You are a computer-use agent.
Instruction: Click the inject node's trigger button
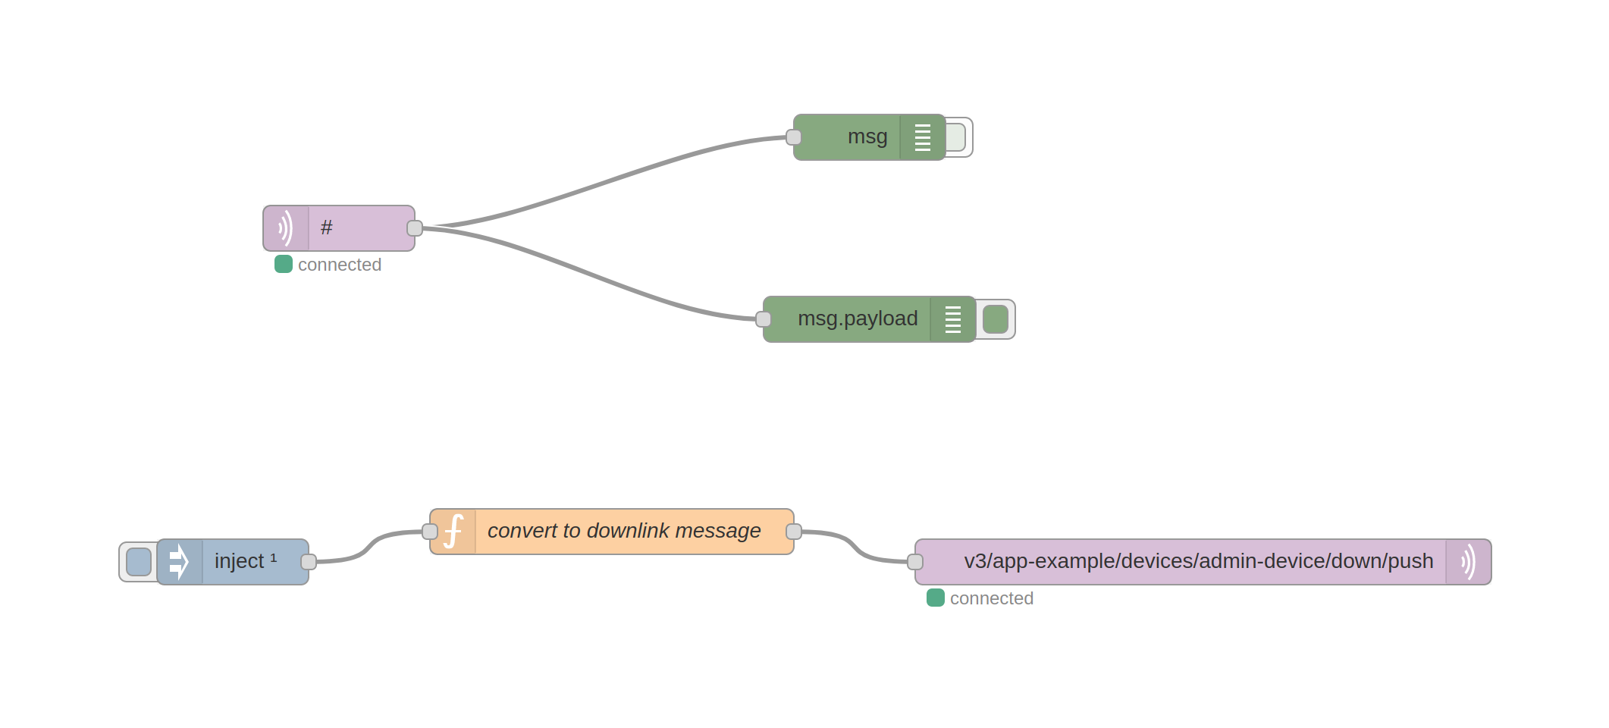pyautogui.click(x=139, y=562)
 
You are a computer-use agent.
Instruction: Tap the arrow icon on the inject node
pyautogui.click(x=179, y=562)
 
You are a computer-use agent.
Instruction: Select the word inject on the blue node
pyautogui.click(x=239, y=562)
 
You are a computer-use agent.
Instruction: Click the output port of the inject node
pyautogui.click(x=309, y=562)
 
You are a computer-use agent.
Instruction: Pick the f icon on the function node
pyautogui.click(x=453, y=532)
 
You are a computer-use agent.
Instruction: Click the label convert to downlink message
pyautogui.click(x=623, y=532)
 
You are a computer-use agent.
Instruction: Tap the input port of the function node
pyautogui.click(x=430, y=532)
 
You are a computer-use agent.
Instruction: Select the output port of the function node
pyautogui.click(x=794, y=532)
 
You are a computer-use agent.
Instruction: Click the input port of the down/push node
pyautogui.click(x=915, y=562)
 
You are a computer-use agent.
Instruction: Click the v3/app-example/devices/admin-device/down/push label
pyautogui.click(x=1198, y=562)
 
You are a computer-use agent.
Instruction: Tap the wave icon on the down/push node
pyautogui.click(x=1469, y=562)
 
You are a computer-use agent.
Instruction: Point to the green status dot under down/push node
pyautogui.click(x=936, y=598)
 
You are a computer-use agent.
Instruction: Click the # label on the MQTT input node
pyautogui.click(x=327, y=228)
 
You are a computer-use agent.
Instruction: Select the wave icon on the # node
pyautogui.click(x=286, y=228)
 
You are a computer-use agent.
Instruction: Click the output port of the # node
pyautogui.click(x=415, y=228)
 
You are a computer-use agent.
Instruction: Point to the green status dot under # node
pyautogui.click(x=284, y=265)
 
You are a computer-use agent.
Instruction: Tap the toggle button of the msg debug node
pyautogui.click(x=957, y=137)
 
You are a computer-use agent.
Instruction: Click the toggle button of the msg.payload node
pyautogui.click(x=996, y=319)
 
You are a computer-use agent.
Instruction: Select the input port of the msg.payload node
pyautogui.click(x=764, y=319)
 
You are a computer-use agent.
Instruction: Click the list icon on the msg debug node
pyautogui.click(x=923, y=137)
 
